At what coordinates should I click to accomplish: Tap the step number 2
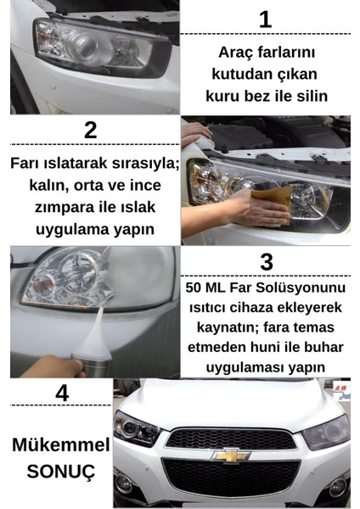[x=90, y=131]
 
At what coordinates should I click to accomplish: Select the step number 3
[x=266, y=260]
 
